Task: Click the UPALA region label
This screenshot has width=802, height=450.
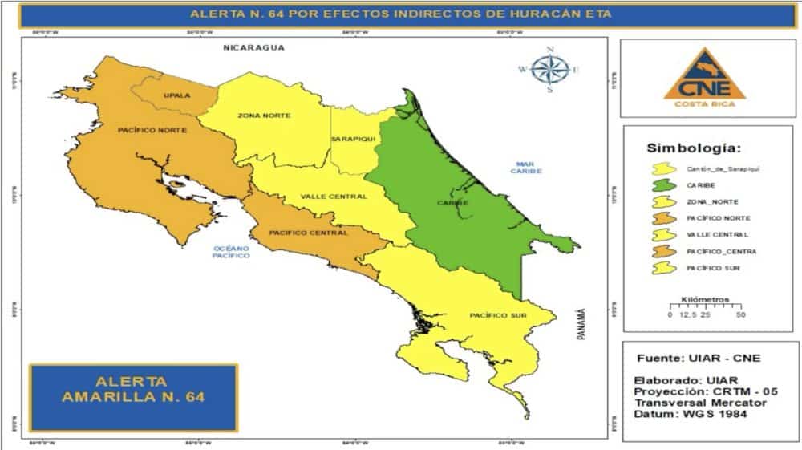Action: (x=176, y=95)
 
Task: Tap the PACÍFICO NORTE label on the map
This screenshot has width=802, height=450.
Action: (x=152, y=130)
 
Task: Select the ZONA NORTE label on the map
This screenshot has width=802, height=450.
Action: (x=264, y=116)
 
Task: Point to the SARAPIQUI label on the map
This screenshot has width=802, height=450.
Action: (x=350, y=139)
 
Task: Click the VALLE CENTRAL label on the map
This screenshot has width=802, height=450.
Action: (x=334, y=197)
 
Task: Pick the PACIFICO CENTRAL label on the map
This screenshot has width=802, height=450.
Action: (x=309, y=233)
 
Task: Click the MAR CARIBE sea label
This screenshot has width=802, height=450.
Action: (x=529, y=168)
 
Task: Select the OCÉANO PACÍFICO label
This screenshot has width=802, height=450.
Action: (x=231, y=253)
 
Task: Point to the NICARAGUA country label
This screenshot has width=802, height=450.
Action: (x=254, y=48)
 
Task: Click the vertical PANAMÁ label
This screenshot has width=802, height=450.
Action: (x=582, y=325)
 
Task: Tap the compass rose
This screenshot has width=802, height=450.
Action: (x=550, y=70)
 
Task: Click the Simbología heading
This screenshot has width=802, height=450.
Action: (x=694, y=148)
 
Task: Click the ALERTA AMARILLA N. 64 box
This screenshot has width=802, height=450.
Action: (x=132, y=388)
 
